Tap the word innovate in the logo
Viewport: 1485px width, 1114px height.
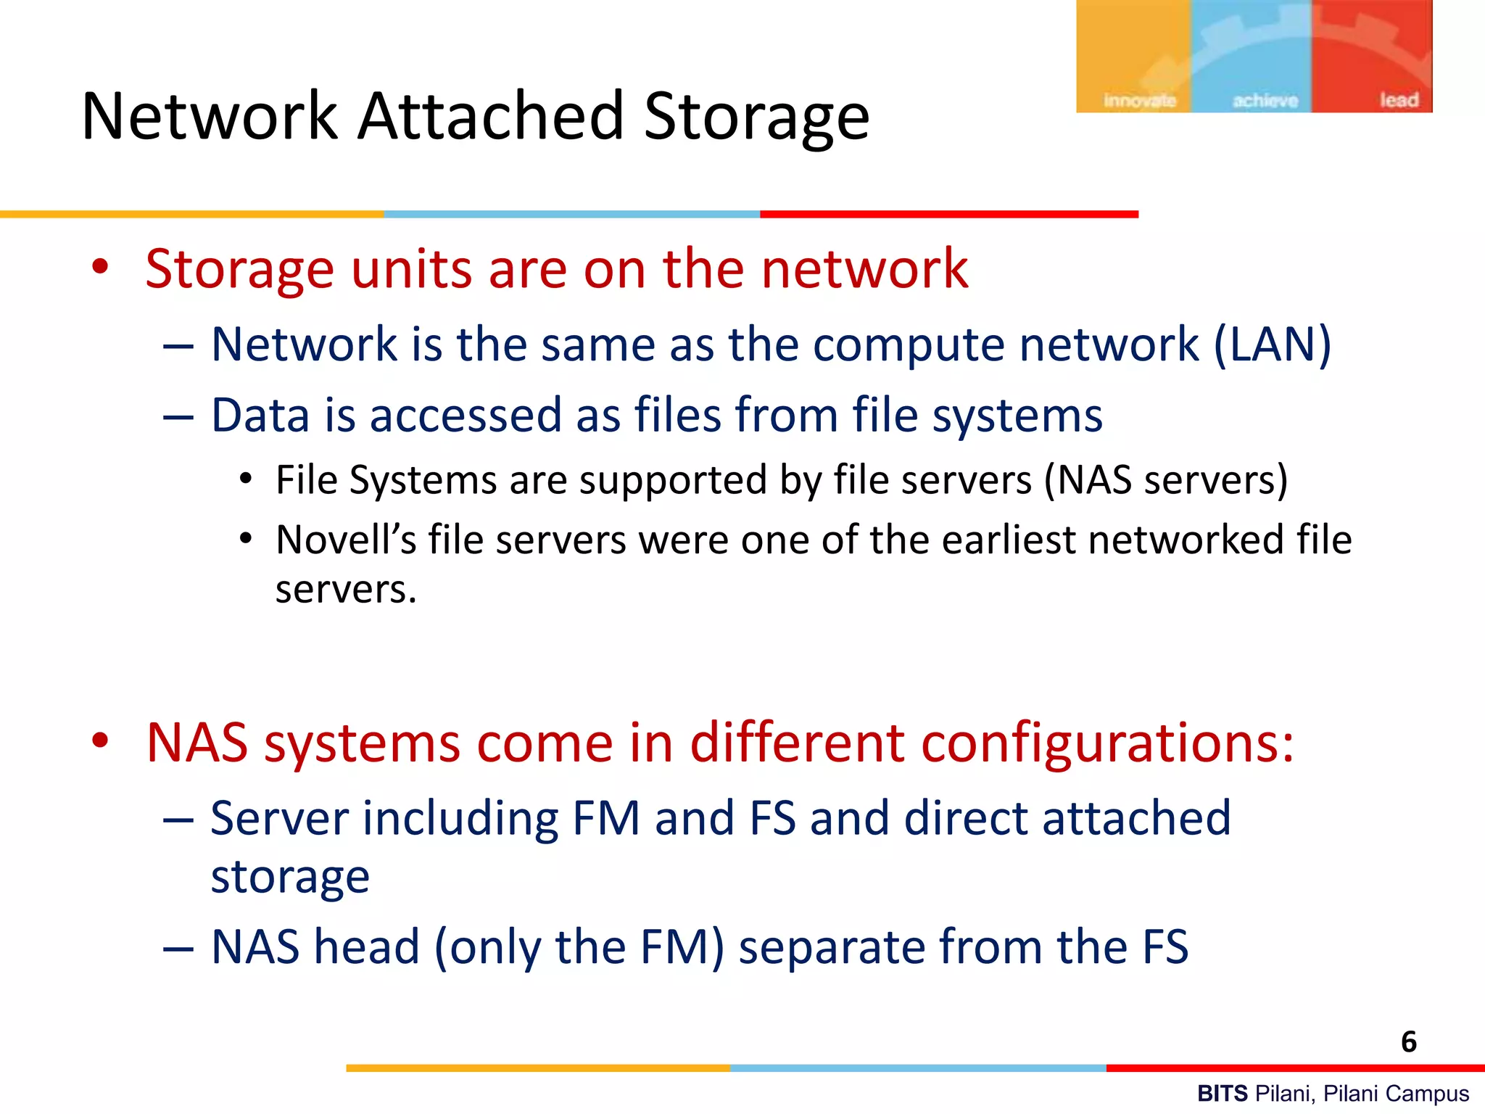pyautogui.click(x=1139, y=100)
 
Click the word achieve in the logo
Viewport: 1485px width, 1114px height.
pyautogui.click(x=1265, y=100)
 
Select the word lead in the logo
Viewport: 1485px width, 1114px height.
pyautogui.click(x=1399, y=99)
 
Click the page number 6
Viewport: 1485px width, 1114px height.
pyautogui.click(x=1408, y=1041)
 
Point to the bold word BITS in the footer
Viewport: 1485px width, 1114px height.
pyautogui.click(x=1222, y=1093)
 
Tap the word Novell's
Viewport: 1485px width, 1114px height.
pyautogui.click(x=346, y=540)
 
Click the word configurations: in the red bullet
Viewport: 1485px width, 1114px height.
pyautogui.click(x=1101, y=743)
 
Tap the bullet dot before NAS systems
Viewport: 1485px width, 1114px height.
pyautogui.click(x=100, y=740)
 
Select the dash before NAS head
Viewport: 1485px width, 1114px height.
pyautogui.click(x=178, y=948)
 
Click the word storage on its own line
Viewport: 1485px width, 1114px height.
pyautogui.click(x=290, y=877)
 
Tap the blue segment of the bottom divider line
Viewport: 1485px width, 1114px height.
pyautogui.click(x=918, y=1068)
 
